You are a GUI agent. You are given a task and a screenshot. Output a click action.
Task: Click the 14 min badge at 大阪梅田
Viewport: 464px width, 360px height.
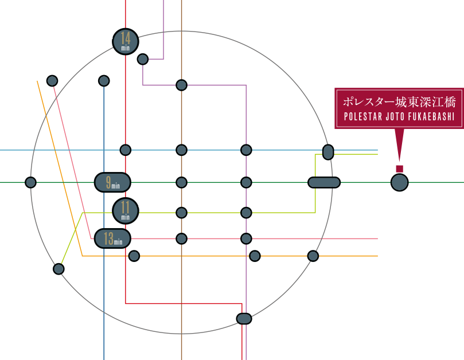tap(126, 41)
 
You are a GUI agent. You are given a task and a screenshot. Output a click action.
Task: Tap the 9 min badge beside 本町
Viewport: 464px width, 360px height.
tap(112, 182)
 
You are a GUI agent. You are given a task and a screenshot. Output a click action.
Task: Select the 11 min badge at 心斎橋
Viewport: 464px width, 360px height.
tap(126, 210)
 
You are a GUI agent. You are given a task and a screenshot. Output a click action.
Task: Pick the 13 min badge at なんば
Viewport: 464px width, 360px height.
tap(112, 238)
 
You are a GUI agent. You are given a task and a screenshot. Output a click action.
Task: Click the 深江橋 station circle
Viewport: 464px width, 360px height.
tap(399, 182)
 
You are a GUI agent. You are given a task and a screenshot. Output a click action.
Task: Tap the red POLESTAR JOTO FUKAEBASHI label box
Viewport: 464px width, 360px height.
tap(399, 108)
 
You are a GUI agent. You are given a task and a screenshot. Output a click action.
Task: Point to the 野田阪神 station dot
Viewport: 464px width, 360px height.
tap(52, 81)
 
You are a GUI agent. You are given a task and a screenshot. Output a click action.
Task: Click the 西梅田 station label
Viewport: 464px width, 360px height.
tap(104, 71)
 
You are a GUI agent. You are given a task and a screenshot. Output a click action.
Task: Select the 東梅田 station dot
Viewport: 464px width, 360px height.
tap(143, 58)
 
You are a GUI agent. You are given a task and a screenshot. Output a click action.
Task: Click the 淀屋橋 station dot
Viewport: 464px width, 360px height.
tap(126, 150)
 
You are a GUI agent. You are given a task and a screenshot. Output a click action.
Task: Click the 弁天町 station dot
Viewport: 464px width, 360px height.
tap(30, 182)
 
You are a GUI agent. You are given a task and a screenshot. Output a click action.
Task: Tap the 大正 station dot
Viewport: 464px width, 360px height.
tap(59, 268)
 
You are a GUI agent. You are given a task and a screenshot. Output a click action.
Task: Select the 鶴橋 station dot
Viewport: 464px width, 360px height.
tap(313, 256)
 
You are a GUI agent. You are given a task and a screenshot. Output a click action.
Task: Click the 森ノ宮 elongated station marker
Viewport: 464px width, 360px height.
tap(324, 182)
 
